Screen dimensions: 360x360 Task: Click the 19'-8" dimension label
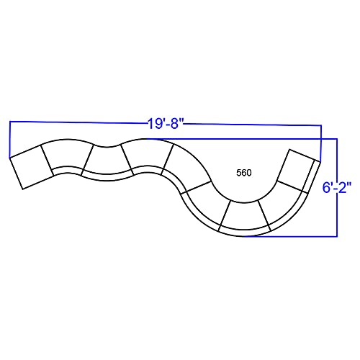click(166, 124)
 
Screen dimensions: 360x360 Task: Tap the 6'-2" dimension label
click(337, 187)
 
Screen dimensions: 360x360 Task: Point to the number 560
click(244, 173)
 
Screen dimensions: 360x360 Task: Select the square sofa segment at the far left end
click(31, 167)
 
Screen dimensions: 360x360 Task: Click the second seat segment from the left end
click(68, 157)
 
